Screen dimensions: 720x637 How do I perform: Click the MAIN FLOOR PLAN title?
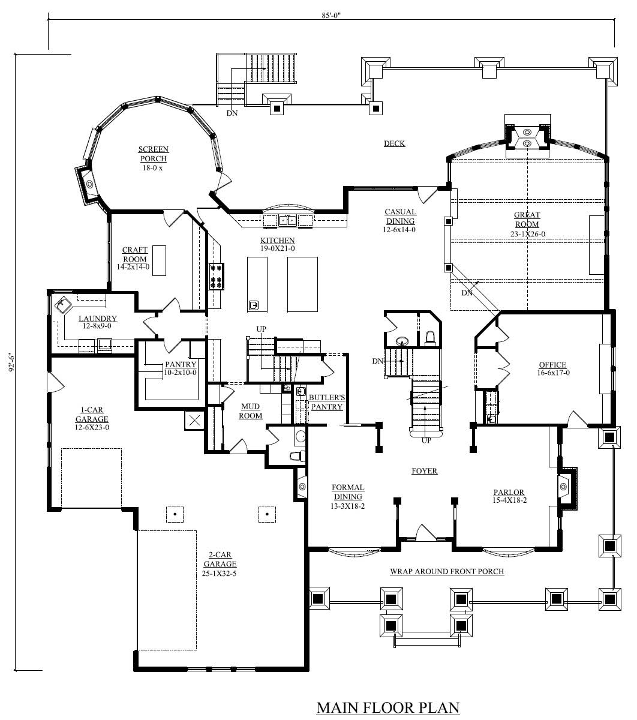tap(387, 707)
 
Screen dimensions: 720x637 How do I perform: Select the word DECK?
tap(394, 143)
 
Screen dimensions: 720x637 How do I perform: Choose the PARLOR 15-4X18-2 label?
tap(509, 496)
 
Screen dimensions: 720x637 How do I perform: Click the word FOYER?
tap(424, 471)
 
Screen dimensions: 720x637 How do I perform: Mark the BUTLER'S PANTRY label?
tap(326, 402)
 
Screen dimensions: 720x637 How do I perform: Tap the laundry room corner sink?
tap(62, 306)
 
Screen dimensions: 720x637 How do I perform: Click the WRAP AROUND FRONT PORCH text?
tap(447, 571)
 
